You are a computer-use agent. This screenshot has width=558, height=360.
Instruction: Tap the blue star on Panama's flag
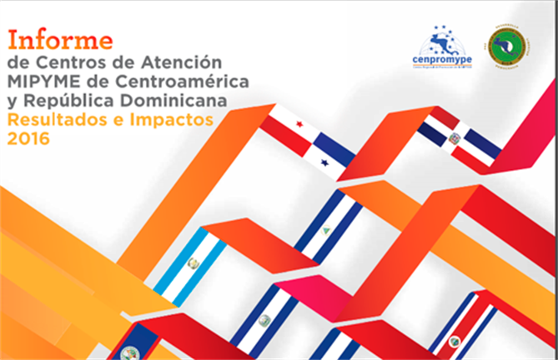click(x=324, y=160)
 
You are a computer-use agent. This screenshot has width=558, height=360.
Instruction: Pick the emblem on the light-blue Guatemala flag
click(x=192, y=263)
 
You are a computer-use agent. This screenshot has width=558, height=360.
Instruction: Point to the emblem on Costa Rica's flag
click(x=455, y=341)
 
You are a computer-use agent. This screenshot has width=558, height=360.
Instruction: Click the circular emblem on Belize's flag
click(x=128, y=352)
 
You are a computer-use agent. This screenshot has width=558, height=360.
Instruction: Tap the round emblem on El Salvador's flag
click(x=265, y=319)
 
